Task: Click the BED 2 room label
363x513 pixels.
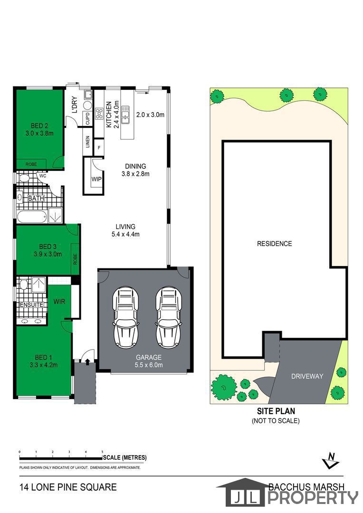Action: tap(39, 125)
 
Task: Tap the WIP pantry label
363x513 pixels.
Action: tap(96, 179)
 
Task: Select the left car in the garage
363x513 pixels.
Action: tap(125, 317)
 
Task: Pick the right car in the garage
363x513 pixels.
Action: tap(169, 317)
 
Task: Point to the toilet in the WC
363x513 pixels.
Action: tap(24, 178)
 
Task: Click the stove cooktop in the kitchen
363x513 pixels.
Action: tap(99, 113)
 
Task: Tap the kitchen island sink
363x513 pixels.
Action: tap(125, 115)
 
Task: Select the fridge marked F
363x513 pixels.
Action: tap(99, 148)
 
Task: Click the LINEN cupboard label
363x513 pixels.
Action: tap(87, 142)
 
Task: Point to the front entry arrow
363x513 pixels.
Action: tap(87, 361)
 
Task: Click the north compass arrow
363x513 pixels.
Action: tap(331, 460)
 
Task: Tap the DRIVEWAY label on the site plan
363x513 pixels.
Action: tap(307, 376)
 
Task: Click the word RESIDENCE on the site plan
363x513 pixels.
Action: tap(274, 243)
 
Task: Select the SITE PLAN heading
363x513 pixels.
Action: tap(276, 411)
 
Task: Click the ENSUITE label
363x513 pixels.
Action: tap(31, 304)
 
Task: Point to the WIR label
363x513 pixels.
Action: tap(59, 301)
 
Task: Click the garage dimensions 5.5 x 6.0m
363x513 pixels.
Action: tap(149, 365)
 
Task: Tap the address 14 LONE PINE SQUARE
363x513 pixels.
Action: tap(68, 487)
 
